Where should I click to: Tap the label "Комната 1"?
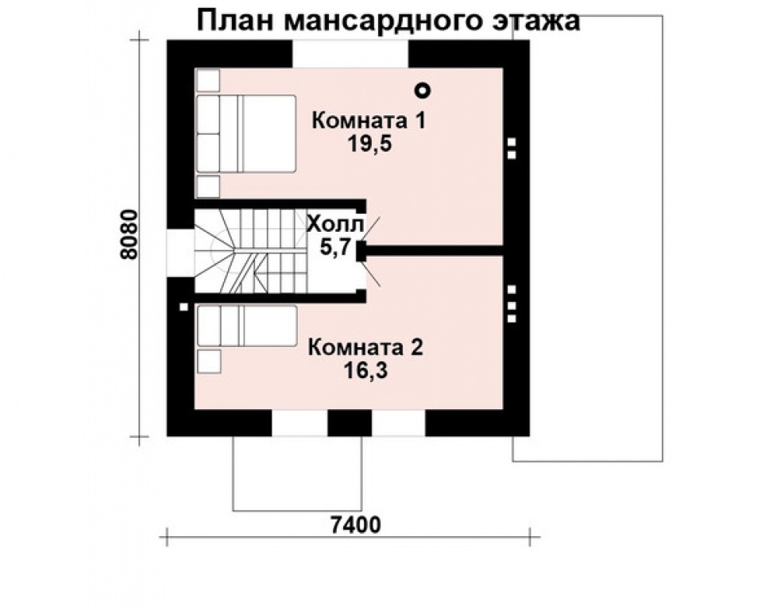tap(369, 121)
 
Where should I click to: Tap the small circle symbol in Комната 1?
tap(425, 90)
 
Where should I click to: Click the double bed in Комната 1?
tap(245, 133)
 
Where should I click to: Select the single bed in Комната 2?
tap(246, 326)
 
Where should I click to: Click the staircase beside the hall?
tap(250, 249)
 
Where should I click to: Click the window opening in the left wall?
tap(180, 253)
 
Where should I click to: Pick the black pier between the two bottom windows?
tap(350, 423)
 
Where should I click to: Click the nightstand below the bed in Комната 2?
tap(208, 360)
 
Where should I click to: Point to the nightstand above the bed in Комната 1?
tap(207, 81)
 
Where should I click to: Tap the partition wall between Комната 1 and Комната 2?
tap(435, 250)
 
